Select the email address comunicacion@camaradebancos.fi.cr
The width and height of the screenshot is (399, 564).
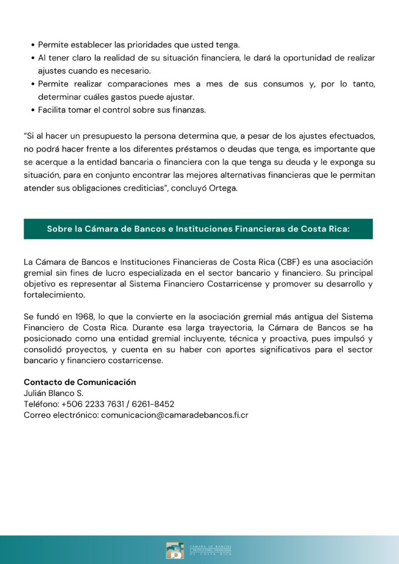tap(175, 415)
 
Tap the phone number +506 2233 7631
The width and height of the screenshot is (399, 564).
tap(92, 404)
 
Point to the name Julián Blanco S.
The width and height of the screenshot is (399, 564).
tap(53, 393)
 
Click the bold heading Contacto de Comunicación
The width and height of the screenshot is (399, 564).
tap(79, 382)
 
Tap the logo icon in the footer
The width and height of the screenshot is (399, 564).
tap(175, 550)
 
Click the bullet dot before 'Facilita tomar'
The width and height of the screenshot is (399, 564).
tap(33, 110)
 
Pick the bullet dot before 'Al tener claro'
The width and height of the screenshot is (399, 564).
tap(33, 58)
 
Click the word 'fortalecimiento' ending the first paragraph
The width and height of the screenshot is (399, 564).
tap(54, 295)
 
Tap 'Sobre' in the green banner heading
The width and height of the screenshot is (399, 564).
tap(60, 229)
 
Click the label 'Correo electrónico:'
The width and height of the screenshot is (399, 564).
tap(61, 415)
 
